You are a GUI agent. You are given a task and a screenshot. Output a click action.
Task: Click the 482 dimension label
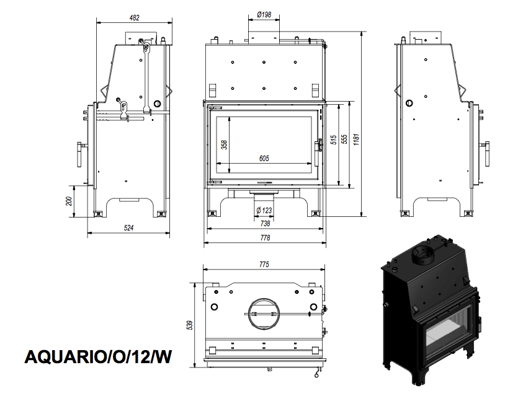[134, 18]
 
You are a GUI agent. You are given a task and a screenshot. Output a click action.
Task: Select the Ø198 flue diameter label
[264, 15]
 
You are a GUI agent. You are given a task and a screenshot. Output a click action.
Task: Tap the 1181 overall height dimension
[356, 139]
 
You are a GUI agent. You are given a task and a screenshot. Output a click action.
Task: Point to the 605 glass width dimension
[264, 158]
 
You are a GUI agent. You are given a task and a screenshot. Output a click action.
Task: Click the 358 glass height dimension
[224, 145]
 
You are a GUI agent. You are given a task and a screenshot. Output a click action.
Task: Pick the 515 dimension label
[334, 139]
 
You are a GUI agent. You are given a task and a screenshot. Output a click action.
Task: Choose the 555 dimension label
[344, 139]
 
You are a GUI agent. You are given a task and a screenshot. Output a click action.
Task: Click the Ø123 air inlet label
[264, 210]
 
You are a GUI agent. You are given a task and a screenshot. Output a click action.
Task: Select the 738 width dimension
[265, 223]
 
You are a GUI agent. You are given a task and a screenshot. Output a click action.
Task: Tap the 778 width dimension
[265, 238]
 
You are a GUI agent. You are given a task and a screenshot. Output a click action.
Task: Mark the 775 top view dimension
[264, 265]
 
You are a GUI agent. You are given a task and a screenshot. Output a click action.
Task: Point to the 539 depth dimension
[190, 325]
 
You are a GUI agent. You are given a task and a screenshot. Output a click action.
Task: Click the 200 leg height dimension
[69, 201]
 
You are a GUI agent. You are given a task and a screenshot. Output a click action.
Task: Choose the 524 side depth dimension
[128, 228]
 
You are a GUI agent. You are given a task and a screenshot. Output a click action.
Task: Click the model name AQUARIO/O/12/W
[98, 356]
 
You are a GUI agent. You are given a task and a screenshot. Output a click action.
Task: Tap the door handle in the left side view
[80, 154]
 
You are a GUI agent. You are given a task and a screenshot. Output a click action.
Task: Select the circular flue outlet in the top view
[264, 314]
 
